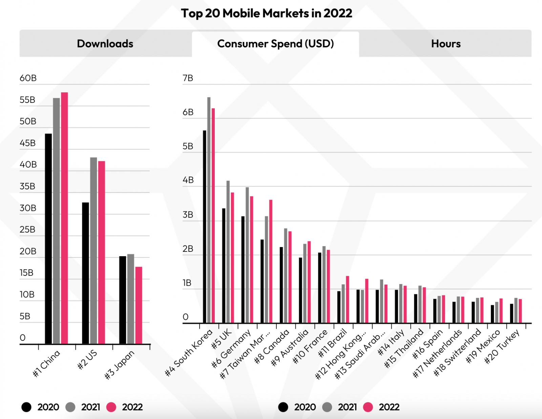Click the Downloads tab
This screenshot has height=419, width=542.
(105, 44)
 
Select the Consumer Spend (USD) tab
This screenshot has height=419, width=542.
(275, 44)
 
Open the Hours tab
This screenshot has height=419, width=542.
(445, 44)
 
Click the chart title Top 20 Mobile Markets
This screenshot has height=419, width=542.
(267, 13)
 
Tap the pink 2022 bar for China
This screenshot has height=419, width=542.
(64, 218)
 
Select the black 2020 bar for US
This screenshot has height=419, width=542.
(85, 273)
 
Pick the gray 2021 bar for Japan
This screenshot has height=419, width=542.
(131, 299)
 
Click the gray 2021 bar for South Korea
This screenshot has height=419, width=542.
(209, 210)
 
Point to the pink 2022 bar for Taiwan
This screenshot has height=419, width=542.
(271, 261)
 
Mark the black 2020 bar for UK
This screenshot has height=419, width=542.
(224, 266)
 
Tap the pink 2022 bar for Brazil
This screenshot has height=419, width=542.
(348, 300)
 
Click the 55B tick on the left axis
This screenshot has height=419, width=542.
(27, 100)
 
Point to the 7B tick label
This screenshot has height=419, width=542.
(188, 78)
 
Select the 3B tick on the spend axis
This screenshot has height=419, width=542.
(188, 215)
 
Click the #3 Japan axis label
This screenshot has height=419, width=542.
(119, 365)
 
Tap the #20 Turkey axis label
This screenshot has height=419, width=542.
(502, 347)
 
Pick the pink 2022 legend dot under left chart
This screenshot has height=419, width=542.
(111, 407)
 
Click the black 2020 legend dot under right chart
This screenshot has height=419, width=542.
(283, 407)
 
